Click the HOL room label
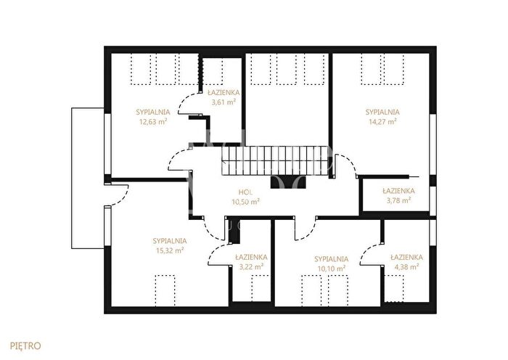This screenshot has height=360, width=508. coord(245,192)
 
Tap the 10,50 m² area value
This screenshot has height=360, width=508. coord(245,202)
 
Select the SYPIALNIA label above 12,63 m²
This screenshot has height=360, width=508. coord(153,112)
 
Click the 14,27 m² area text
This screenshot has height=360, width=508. coord(382,122)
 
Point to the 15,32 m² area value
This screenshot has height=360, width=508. coord(170,250)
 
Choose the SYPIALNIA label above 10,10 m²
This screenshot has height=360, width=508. coord(331,259)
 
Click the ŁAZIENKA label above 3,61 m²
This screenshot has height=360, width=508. coord(224,93)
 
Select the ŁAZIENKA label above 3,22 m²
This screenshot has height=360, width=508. coord(251,257)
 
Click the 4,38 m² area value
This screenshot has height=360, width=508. coord(406,267)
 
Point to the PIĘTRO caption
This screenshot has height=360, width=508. coord(25,345)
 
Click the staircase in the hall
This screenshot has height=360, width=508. coord(276,161)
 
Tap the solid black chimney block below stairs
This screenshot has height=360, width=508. coord(288,182)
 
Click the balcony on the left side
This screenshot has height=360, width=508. coord(88,179)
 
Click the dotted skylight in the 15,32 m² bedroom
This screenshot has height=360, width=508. coord(165,290)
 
